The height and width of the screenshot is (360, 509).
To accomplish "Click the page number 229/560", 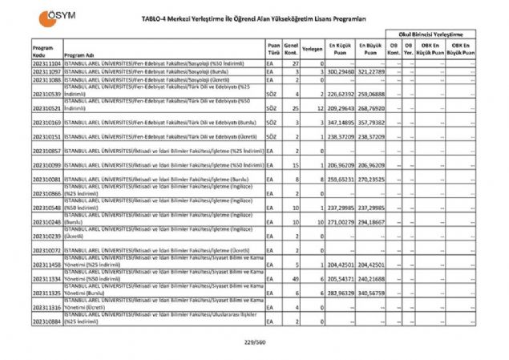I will click(254, 342).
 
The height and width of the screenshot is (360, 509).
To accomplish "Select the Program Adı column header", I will click(80, 55).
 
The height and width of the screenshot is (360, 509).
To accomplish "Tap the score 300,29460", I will click(340, 71).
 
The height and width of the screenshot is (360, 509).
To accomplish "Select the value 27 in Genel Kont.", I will click(296, 63).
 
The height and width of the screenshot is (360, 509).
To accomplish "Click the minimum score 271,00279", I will click(340, 220).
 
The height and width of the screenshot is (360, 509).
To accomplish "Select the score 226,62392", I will click(340, 93).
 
